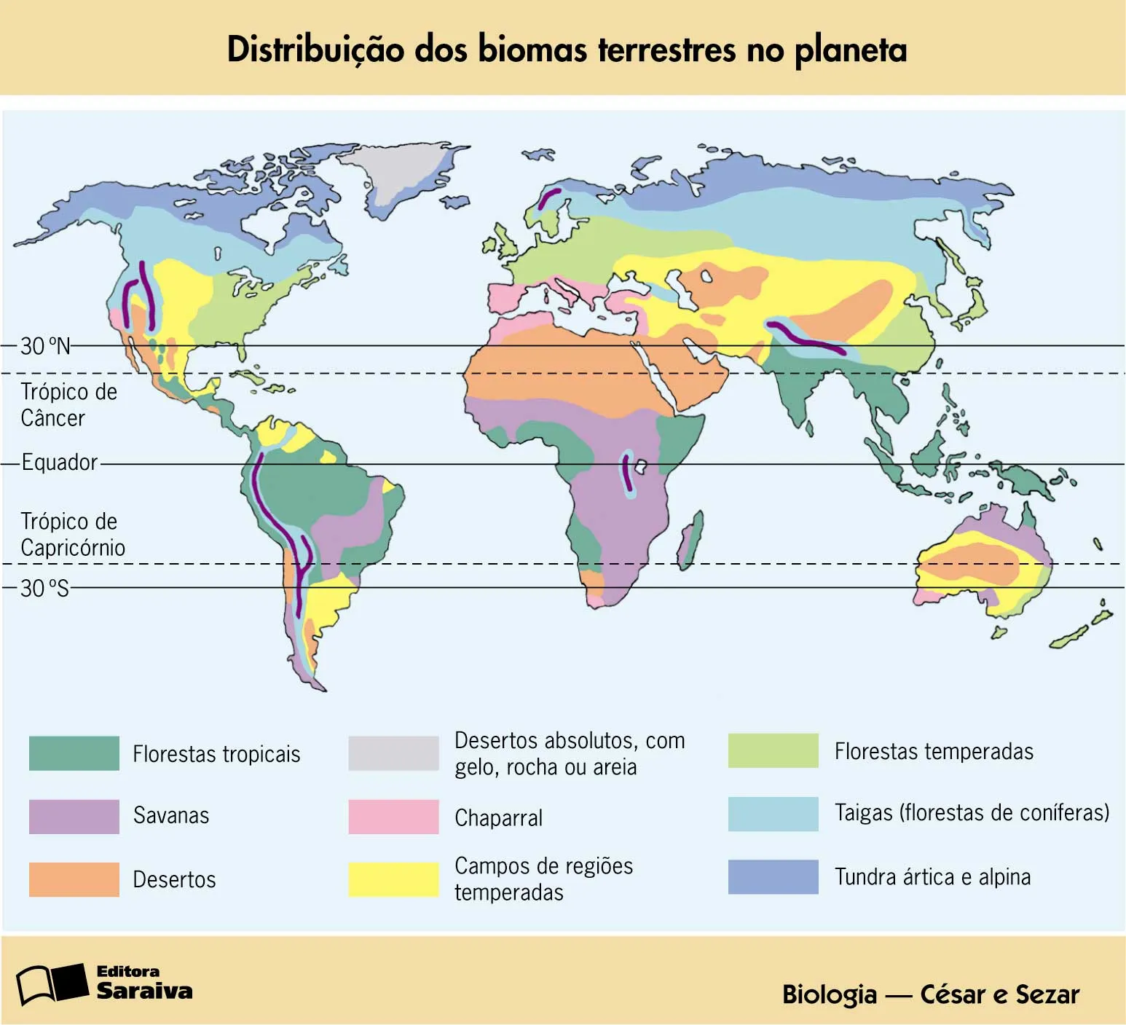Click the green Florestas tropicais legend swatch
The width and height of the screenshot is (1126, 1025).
pos(74,753)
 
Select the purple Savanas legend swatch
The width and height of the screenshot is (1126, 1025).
pos(74,816)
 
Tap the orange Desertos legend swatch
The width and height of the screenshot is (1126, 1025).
pos(74,879)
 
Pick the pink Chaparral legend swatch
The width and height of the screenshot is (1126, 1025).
pos(393,817)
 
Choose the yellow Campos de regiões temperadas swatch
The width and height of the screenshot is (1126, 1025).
pos(393,879)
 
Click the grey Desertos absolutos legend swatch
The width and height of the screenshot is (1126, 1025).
pos(393,753)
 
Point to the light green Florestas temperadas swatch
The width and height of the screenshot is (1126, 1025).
pos(773,751)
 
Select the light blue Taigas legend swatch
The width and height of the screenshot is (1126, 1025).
pos(773,814)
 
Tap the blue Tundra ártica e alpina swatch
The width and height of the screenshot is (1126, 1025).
pos(773,876)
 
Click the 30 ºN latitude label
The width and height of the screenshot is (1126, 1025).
pos(45,346)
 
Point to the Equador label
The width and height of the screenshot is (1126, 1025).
pos(59,463)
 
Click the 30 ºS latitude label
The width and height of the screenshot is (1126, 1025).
pos(45,588)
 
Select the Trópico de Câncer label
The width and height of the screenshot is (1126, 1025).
pos(68,405)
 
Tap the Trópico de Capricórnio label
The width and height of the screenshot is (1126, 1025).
pos(72,535)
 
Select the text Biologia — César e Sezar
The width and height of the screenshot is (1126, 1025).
pos(930,994)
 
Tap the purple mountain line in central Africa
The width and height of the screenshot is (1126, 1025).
pos(626,471)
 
